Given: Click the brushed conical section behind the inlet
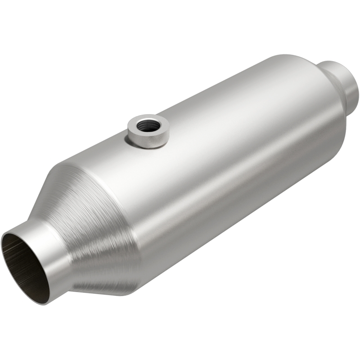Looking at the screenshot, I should click(x=90, y=216).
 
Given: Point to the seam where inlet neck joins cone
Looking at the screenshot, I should click(x=67, y=252).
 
